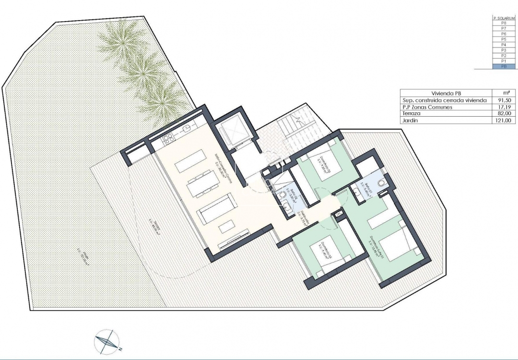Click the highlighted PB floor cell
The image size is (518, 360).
tap(504, 67)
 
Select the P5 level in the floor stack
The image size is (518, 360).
tap(504, 39)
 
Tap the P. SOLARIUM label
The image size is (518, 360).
tap(504, 18)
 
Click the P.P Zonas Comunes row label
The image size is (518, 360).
tap(426, 108)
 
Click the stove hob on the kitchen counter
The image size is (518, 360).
tap(168, 140)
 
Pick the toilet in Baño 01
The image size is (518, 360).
tap(380, 183)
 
